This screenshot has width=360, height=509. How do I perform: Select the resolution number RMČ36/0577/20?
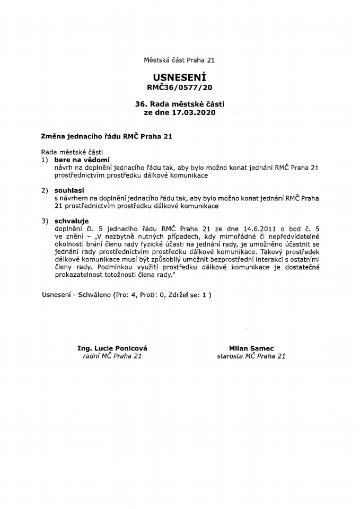click(180, 87)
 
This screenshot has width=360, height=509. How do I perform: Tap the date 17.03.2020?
click(194, 113)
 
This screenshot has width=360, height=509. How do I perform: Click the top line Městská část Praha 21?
click(179, 60)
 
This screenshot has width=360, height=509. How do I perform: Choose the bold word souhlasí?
click(69, 190)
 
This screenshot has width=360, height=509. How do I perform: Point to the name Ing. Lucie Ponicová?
click(112, 348)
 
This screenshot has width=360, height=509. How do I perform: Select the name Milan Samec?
click(251, 348)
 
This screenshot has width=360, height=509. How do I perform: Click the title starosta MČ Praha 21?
click(251, 356)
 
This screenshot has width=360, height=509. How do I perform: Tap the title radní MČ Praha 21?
click(112, 356)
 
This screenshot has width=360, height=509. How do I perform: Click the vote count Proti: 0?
click(156, 294)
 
